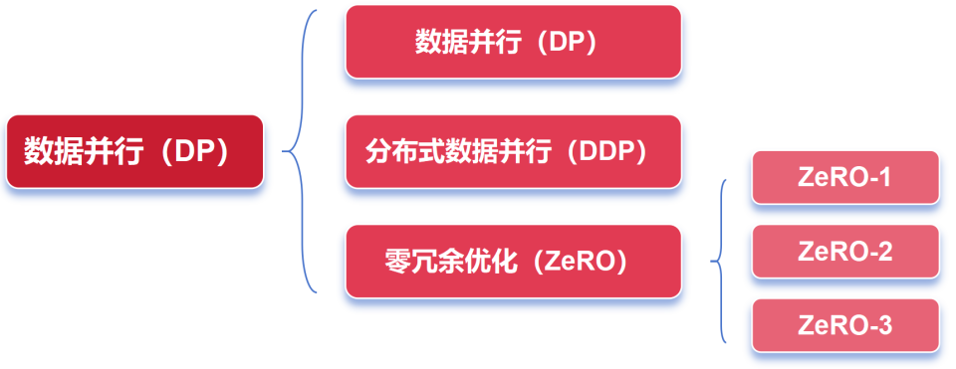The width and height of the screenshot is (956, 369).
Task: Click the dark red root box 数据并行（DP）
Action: [134, 151]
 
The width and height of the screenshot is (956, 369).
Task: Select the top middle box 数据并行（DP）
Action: [513, 42]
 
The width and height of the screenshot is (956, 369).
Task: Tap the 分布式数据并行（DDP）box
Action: [513, 151]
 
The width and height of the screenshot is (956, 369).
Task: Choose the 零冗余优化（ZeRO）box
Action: [513, 261]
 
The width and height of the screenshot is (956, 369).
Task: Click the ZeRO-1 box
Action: [844, 177]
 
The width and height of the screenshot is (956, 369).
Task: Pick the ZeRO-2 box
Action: [844, 251]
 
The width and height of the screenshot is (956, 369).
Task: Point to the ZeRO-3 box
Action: [844, 324]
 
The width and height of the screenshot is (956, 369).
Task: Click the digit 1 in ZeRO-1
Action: [885, 178]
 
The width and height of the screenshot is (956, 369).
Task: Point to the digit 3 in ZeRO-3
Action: [885, 325]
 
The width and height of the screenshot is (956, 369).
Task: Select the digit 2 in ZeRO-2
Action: [885, 252]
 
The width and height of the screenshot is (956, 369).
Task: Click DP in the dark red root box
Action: [196, 152]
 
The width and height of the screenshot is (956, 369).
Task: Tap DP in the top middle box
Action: [563, 43]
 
